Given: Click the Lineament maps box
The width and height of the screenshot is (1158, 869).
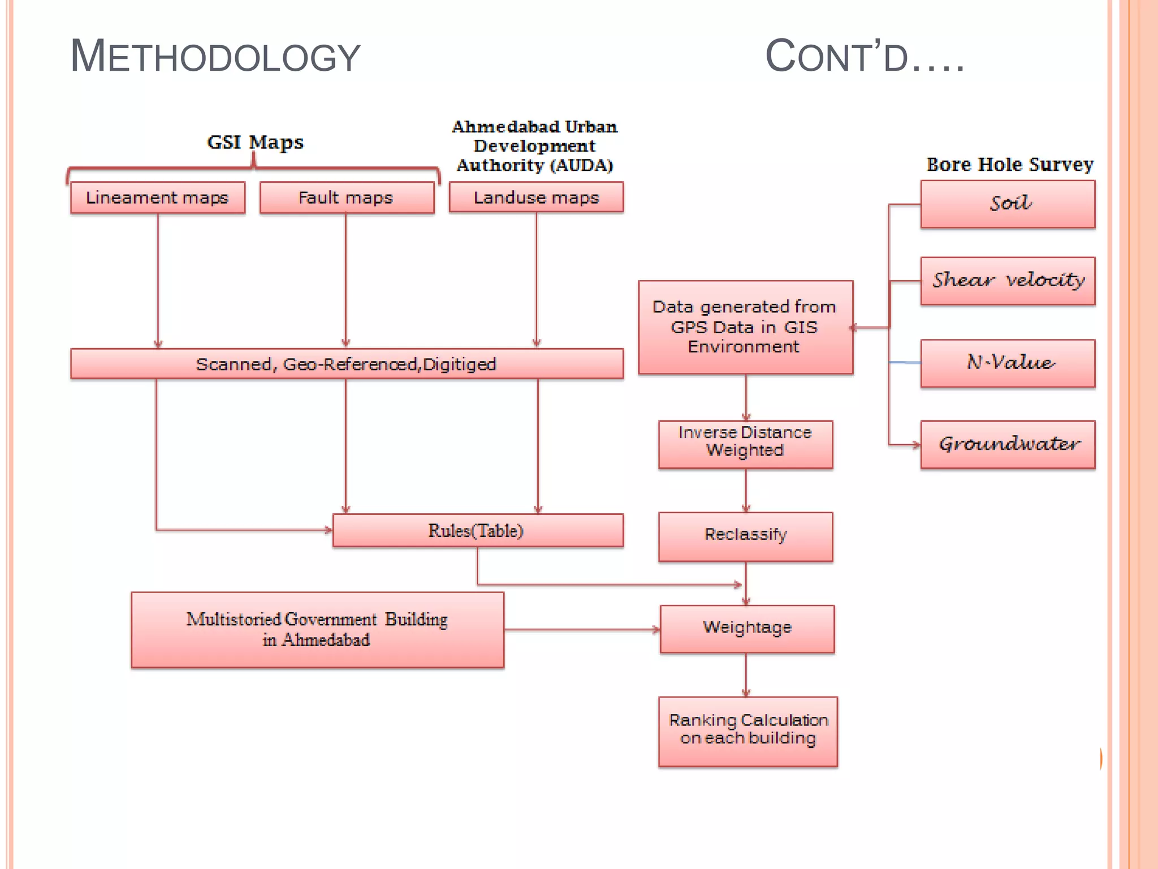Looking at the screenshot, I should point(157,197).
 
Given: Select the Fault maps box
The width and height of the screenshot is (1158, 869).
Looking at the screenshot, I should point(346,197).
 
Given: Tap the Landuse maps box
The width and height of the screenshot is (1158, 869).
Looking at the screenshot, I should point(536,197).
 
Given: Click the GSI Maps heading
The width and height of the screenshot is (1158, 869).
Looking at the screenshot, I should point(255,142).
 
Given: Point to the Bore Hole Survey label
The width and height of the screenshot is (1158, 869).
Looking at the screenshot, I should point(1009,164).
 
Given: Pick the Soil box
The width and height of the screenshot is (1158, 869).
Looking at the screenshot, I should point(1008,204).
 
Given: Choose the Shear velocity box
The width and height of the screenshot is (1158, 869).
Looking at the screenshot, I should point(1008,281).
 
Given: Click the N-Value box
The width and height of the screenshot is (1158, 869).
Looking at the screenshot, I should point(1008,363).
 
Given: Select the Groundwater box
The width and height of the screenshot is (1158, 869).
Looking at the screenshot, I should point(1008,444).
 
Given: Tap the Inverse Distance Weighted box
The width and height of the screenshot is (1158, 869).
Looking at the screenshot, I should point(745,444).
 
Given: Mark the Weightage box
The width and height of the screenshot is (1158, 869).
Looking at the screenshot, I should point(747,629).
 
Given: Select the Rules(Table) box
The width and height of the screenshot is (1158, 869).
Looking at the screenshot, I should point(478,530).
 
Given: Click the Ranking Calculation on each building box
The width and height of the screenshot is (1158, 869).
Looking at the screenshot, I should point(747,731).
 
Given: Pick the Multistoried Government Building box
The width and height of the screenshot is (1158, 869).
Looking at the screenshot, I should point(317,630).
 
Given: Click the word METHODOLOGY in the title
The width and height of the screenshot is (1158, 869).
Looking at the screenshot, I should point(215,57).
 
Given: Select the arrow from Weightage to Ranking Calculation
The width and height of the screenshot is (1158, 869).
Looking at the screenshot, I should point(746,674).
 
